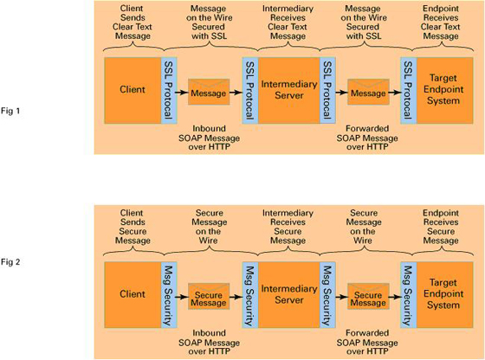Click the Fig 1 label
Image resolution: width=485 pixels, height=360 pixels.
coord(10,111)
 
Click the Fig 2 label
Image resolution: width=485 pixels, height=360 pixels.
coord(10,262)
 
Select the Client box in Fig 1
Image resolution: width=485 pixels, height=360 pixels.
coord(133,90)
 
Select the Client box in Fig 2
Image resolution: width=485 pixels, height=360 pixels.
coord(133,295)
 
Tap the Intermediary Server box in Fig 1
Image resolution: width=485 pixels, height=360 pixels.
coord(289,90)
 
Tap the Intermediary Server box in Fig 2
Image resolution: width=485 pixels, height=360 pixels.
coord(289,295)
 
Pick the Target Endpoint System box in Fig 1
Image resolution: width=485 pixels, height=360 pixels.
coord(445,90)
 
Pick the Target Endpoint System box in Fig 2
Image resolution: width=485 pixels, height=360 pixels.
coord(445,295)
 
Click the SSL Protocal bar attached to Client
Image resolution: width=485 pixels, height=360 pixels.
coord(169,90)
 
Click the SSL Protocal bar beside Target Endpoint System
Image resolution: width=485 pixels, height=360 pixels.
coord(409,90)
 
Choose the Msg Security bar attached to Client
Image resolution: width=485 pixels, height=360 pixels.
coord(169,295)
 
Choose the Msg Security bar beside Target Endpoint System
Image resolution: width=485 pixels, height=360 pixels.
coord(409,295)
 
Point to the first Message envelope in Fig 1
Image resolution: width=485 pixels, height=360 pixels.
coord(209,92)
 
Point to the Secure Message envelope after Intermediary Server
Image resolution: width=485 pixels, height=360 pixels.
coord(368,297)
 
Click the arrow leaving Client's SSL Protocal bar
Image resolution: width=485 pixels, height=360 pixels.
coord(182,92)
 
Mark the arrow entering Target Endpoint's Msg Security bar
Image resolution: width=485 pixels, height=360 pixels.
coord(395,297)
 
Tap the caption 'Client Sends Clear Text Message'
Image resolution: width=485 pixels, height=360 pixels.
coord(133,22)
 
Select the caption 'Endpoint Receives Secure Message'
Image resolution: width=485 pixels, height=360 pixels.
coord(441,227)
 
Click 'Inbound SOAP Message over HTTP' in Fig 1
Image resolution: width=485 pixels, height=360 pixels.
coord(209,138)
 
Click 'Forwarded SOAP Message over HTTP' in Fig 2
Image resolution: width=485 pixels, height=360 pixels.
coord(367,342)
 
